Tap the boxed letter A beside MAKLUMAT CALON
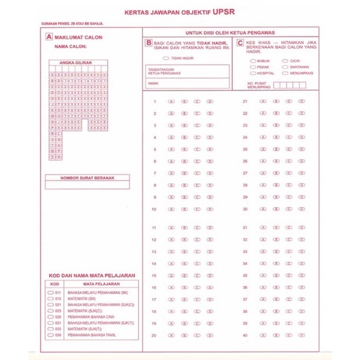[x=49, y=38]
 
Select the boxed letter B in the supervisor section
[x=148, y=43]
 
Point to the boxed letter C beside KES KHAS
[x=240, y=43]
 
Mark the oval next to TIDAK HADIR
[x=166, y=58]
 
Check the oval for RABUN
[x=252, y=61]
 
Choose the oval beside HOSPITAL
[x=252, y=73]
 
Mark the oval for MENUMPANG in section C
[x=285, y=73]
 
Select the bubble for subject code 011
[x=51, y=293]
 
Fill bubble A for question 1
[x=171, y=102]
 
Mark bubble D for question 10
[x=211, y=209]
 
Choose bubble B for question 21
[x=275, y=102]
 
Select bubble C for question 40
[x=288, y=335]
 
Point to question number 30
[x=245, y=209]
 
